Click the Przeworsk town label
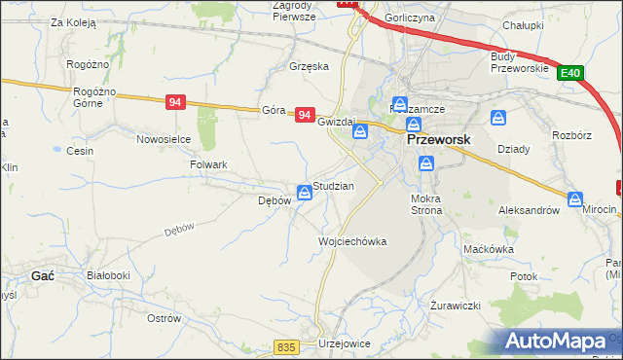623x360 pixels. point(437,139)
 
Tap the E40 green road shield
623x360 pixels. point(570,72)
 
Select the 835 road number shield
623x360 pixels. point(285,347)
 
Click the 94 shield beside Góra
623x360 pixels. point(305,115)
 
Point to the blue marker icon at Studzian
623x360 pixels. point(306,193)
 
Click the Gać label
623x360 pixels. point(42,275)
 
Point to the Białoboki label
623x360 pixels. point(108,275)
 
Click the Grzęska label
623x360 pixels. point(310,67)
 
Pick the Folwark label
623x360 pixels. point(208,164)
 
